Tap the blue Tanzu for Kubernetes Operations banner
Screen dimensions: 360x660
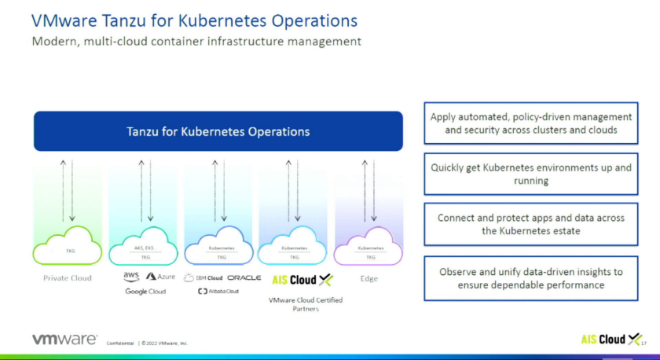pos(218,131)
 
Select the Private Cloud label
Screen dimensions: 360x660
pos(67,278)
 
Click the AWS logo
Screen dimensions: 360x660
pos(131,277)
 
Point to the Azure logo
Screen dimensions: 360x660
pos(160,277)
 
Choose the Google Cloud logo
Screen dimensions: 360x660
pos(145,292)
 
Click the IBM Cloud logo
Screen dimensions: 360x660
pos(203,277)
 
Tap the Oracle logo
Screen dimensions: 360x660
pos(244,277)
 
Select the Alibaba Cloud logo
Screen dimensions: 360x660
pos(218,292)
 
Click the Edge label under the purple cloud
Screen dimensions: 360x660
pos(369,278)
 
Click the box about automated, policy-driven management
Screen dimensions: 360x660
pos(531,123)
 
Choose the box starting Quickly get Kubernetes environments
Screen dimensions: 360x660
pos(531,174)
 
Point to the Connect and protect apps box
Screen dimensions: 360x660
pos(531,224)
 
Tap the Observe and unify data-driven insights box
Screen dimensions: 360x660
pos(531,277)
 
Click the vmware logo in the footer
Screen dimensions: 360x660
pos(64,340)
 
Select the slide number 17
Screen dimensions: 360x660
pos(643,343)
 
